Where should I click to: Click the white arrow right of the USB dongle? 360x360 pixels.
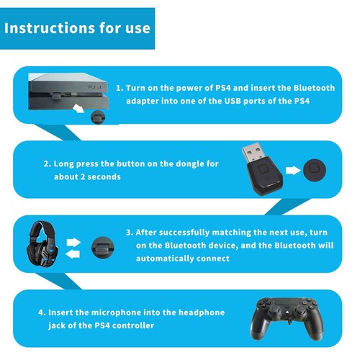pyautogui.click(x=292, y=171)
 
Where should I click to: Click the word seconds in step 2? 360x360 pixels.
pyautogui.click(x=107, y=176)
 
